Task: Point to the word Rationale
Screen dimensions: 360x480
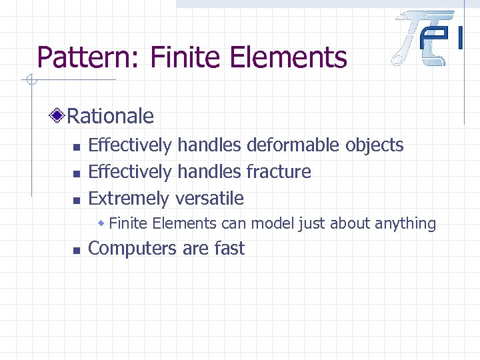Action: coord(111,117)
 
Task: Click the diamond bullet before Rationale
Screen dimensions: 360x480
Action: coord(59,117)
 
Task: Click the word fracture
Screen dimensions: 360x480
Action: coord(279,171)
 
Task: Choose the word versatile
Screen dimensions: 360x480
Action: coord(209,198)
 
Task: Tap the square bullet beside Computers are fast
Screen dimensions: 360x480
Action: coord(77,250)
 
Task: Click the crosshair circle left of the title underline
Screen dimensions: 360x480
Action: coord(29,81)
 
